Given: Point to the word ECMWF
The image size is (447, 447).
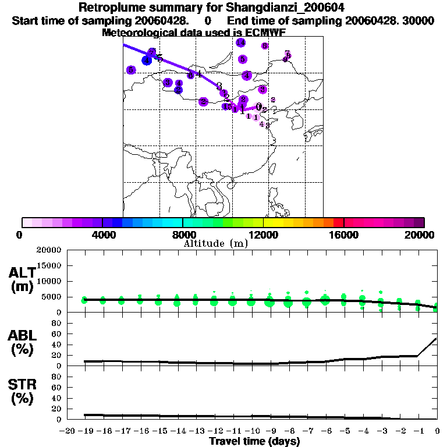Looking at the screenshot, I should pos(266,33).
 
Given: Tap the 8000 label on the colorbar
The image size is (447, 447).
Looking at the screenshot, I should pos(183,234).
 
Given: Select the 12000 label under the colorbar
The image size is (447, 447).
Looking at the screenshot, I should pos(264,234).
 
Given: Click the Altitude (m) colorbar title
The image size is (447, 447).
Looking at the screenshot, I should pos(216,243).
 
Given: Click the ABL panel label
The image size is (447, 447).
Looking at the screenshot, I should pos(22,335).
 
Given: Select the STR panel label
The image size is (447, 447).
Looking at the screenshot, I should pos(22,384).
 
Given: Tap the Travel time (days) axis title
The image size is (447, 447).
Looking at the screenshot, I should pos(254,442).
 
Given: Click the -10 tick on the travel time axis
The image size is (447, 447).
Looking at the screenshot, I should pos(251,431).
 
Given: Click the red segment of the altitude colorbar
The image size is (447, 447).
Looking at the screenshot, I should pos(338,222).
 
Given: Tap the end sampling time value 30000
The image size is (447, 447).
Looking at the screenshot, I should pos(418,21).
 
